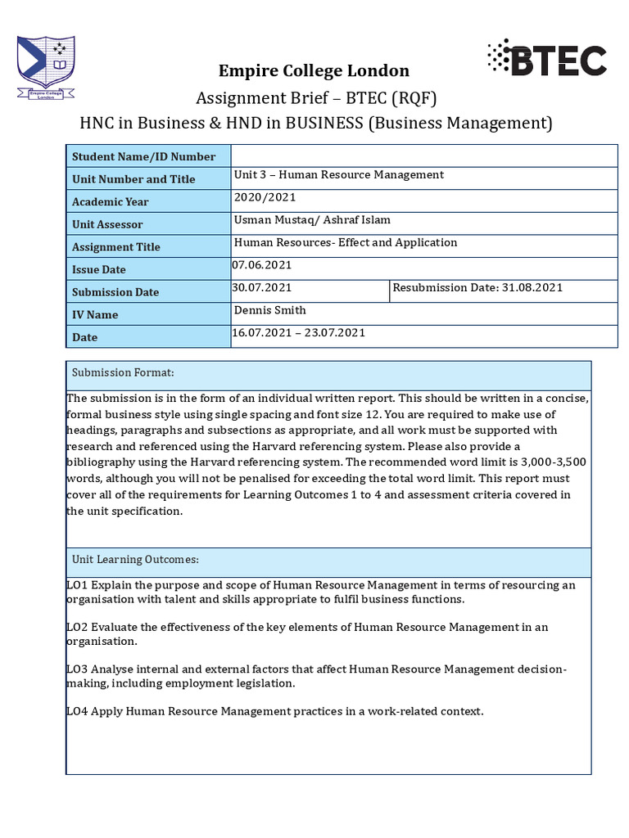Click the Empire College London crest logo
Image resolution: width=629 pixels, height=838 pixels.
click(46, 67)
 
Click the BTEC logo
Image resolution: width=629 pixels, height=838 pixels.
click(546, 59)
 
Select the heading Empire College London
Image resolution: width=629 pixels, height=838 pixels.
click(313, 70)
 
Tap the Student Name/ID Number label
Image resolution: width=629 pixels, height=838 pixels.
click(144, 156)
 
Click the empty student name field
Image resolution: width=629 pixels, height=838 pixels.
click(423, 155)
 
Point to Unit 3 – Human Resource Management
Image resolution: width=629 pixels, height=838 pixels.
click(339, 174)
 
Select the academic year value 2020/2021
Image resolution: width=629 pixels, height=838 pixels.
click(265, 197)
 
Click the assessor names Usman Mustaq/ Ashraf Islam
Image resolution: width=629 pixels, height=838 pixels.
click(312, 219)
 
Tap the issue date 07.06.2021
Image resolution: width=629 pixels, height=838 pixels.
click(262, 265)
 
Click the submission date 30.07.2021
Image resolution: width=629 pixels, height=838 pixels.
click(262, 287)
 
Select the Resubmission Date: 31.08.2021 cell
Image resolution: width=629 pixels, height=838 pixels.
click(477, 287)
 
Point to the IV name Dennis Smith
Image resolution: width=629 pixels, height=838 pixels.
click(270, 310)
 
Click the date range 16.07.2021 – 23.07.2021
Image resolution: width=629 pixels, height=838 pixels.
click(299, 332)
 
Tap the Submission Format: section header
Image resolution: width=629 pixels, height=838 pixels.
click(123, 372)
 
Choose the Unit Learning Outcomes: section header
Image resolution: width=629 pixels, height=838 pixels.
click(135, 559)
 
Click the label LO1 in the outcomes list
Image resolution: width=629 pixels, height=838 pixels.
click(77, 585)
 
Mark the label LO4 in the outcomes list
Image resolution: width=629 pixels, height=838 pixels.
click(77, 711)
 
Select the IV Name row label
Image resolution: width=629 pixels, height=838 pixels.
click(95, 314)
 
